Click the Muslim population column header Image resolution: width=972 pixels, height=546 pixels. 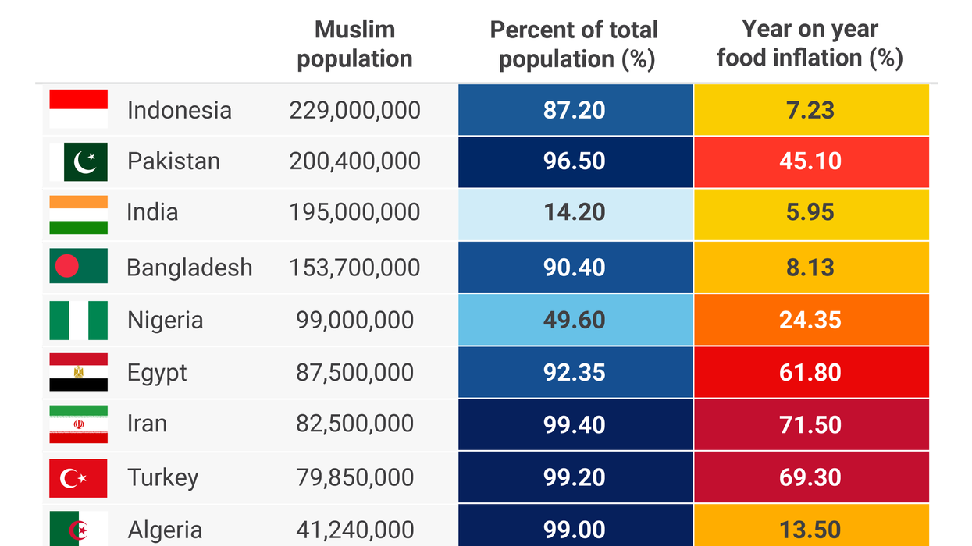[x=354, y=44]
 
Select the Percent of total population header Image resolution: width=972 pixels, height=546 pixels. [x=575, y=44]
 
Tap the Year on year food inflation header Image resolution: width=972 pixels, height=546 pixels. [x=810, y=44]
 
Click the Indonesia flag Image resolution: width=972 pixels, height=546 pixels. [x=78, y=109]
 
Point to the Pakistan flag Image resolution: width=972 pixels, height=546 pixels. [x=78, y=161]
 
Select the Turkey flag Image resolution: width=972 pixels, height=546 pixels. [x=78, y=477]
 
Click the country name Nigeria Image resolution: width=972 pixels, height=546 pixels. [x=165, y=320]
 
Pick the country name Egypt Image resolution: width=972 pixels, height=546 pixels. [x=157, y=372]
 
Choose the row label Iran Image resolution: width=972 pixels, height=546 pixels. [x=147, y=424]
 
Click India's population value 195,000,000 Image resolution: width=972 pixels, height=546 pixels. [x=354, y=212]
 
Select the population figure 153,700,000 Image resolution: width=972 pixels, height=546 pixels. [x=354, y=268]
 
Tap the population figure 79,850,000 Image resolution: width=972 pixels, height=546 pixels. [x=354, y=477]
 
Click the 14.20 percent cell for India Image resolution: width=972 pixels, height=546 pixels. [x=575, y=213]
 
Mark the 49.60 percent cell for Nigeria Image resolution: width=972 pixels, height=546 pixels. [x=575, y=320]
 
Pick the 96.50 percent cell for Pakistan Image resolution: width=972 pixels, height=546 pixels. [x=575, y=161]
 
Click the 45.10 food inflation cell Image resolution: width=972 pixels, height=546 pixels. [x=810, y=161]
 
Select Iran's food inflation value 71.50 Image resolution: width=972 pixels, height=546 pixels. [x=810, y=424]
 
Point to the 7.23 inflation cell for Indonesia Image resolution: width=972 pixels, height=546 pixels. [x=810, y=110]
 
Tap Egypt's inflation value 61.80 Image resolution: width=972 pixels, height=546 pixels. [x=810, y=372]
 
